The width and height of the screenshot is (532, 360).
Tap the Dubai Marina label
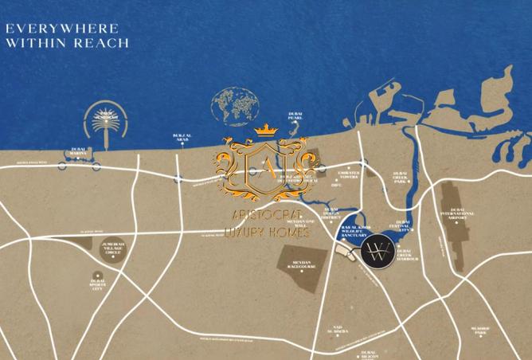pyautogui.click(x=78, y=151)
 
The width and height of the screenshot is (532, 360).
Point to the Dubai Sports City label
pyautogui.click(x=98, y=284)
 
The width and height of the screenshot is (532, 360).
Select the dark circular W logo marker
pyautogui.click(x=375, y=254)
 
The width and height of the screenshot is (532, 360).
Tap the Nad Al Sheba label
pyautogui.click(x=338, y=331)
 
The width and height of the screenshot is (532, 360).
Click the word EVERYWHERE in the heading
pyautogui.click(x=51, y=28)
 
